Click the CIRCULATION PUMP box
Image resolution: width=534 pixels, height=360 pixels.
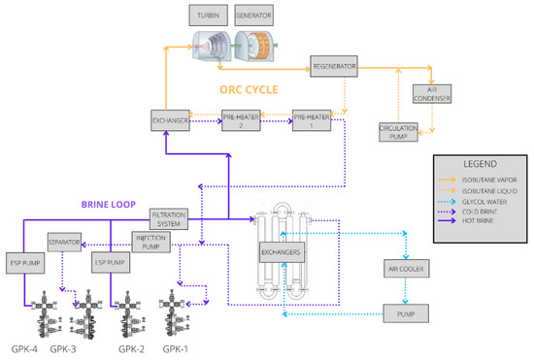398,132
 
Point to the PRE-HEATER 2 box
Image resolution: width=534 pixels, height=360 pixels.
240,120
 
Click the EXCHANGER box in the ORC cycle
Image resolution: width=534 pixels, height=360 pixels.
169,120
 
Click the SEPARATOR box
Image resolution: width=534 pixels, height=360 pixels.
66,240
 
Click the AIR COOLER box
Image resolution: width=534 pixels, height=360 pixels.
408,269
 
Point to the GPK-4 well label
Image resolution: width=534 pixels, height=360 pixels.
25,348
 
